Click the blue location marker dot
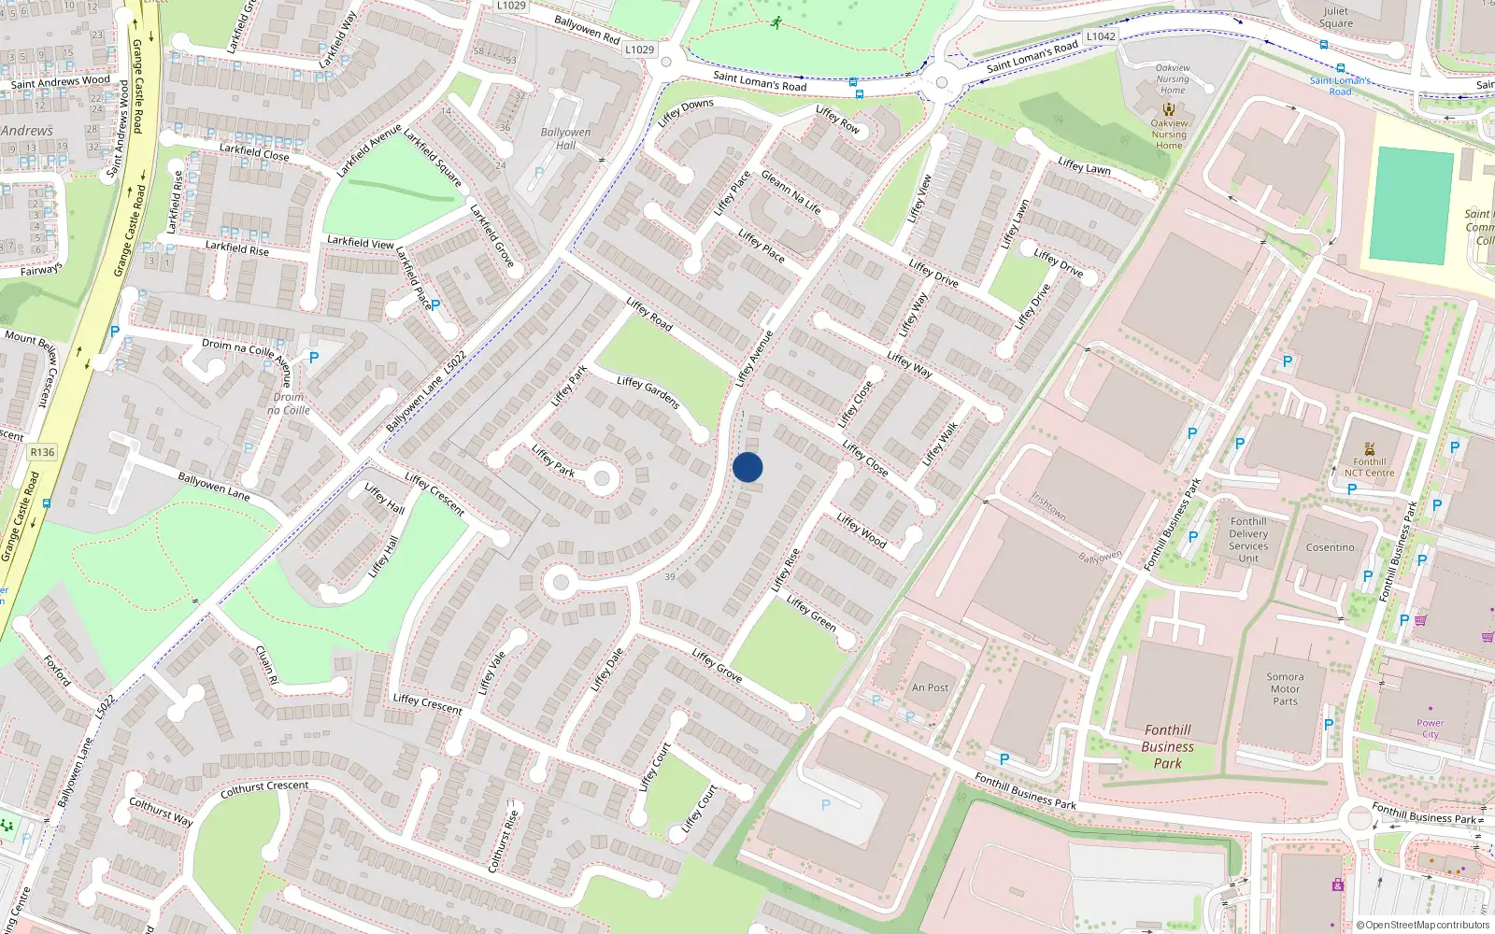[747, 467]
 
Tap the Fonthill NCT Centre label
[1369, 467]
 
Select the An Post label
[930, 687]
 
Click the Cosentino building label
[1330, 547]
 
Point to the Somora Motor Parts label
[1285, 689]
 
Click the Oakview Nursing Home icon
[1169, 109]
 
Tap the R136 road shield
[42, 452]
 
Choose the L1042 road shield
[1101, 36]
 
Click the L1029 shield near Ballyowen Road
[639, 50]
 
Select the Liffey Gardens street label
[648, 392]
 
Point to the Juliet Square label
[1335, 18]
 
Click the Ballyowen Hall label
[565, 138]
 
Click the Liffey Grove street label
[717, 665]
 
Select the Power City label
[1430, 729]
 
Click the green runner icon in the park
[776, 22]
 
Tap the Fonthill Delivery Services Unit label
[1248, 540]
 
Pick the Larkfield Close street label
[254, 152]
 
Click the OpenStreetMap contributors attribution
[1423, 926]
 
